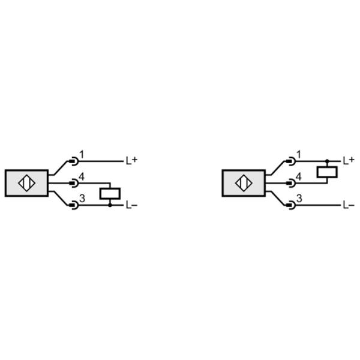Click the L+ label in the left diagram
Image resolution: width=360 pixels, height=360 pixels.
(131, 160)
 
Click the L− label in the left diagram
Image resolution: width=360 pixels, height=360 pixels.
(131, 205)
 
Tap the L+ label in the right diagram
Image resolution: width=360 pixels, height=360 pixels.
(349, 160)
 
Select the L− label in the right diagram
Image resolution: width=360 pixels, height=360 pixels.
(349, 205)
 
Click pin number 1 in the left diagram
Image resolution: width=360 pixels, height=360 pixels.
(82, 154)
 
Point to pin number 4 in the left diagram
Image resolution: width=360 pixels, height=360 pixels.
(82, 177)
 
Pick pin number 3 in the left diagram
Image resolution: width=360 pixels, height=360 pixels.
(82, 199)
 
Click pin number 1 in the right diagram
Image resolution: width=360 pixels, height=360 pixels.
(299, 154)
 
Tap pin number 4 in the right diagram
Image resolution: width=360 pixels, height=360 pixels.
(299, 177)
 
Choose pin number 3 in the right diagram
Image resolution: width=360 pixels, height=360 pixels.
(299, 199)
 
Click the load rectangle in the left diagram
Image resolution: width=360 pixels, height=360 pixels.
(110, 194)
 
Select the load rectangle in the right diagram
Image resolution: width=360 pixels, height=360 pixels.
(327, 172)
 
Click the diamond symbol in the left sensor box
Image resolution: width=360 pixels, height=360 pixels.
(26, 183)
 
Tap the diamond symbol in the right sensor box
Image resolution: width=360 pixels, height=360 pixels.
(244, 183)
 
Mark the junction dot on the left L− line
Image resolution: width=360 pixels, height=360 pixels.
(110, 205)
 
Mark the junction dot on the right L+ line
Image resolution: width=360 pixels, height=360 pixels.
(327, 161)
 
